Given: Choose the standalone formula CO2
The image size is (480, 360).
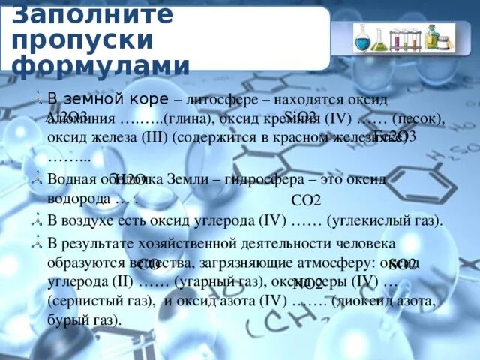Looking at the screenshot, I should pos(306,200).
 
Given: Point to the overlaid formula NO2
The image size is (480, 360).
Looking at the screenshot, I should pos(308,283).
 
